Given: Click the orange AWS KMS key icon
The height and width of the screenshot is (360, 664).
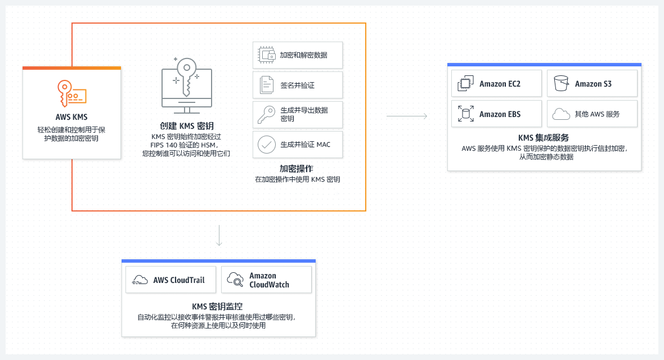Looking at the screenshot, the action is [71, 93].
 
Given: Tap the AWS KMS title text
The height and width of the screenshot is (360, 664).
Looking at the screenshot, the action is [71, 117].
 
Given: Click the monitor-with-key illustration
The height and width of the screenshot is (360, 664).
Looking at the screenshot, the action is [186, 85].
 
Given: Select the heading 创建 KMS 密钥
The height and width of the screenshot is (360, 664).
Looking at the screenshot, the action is [187, 126].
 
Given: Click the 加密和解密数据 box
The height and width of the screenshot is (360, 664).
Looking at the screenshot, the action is [298, 55].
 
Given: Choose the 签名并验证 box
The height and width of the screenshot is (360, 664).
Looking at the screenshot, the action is [298, 85].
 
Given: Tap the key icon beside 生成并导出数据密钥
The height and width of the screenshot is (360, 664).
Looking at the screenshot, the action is [266, 115].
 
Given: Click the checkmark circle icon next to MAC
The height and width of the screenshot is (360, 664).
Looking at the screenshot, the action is [267, 145].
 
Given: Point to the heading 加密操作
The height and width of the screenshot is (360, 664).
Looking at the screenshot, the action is [297, 169].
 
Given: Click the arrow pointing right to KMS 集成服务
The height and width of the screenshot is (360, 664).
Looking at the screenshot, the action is [407, 116].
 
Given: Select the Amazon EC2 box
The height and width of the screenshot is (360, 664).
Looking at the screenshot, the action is [497, 83].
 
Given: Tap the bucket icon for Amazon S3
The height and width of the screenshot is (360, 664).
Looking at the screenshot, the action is [561, 83].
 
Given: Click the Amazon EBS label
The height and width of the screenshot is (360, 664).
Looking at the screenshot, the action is [500, 114].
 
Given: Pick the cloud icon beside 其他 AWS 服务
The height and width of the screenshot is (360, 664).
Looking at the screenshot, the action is [561, 114].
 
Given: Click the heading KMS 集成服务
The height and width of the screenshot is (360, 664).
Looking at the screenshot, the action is [544, 138].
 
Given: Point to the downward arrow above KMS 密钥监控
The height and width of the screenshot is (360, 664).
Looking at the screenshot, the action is [219, 236].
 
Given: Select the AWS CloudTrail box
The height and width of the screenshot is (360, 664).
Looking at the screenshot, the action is [171, 280].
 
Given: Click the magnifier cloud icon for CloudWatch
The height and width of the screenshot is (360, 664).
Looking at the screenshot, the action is [235, 280].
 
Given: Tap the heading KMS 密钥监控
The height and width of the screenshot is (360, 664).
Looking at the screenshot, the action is [217, 306].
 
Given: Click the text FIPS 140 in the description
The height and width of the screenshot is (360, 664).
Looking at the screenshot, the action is [164, 145].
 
